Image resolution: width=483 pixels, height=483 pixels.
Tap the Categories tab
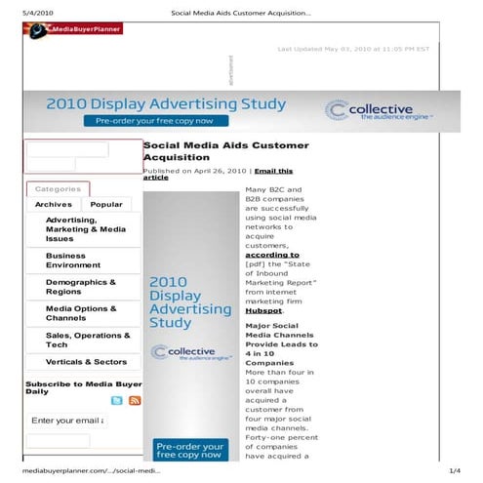coord(58,188)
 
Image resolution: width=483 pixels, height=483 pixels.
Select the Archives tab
coord(54,205)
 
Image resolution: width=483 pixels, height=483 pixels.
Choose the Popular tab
coord(106,205)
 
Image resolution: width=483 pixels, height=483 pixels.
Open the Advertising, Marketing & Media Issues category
coord(86,229)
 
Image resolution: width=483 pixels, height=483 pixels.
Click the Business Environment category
coord(73,261)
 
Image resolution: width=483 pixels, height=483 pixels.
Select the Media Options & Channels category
coord(81,313)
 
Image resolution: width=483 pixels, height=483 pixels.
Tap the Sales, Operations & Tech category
coord(87,340)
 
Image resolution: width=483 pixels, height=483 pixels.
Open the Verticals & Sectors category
coord(86,362)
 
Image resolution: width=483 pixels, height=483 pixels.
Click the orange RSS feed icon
coord(135,400)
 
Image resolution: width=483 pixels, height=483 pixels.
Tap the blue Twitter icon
coord(117,400)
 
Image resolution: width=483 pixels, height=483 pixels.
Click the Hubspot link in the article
coord(263,310)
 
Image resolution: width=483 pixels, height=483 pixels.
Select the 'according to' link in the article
coord(272,255)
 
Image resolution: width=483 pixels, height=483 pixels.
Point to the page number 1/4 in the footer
coord(454,470)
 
